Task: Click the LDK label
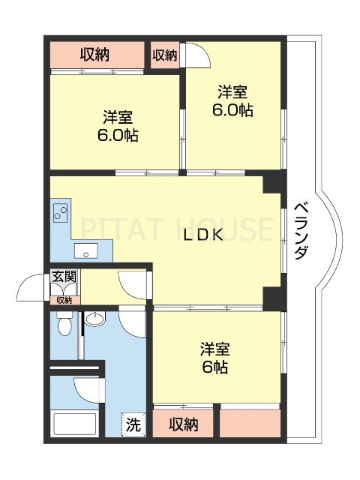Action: coord(203,235)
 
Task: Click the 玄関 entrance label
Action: coord(64,277)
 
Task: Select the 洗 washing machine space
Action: coord(133,424)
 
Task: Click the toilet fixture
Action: coord(64,325)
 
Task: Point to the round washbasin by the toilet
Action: coord(95,320)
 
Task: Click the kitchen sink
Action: coord(84,251)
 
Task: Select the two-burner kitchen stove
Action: coord(59,213)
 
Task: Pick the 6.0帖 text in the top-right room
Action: coord(232,110)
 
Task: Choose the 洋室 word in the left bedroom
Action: coord(118,118)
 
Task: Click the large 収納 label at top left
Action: coord(95,54)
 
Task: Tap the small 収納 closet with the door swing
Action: coord(165,55)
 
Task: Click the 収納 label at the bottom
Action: coord(183,424)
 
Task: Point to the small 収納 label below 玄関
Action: coord(64,300)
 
